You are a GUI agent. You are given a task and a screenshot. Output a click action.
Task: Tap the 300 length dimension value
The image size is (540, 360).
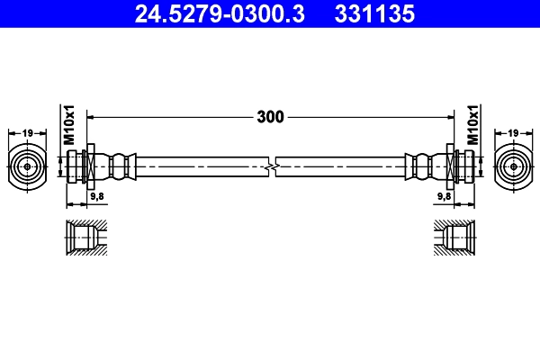[x=270, y=116]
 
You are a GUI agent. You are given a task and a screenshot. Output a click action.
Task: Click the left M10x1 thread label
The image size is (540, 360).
[x=68, y=127]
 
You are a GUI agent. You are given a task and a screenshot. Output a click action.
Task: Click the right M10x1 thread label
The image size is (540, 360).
[x=472, y=127]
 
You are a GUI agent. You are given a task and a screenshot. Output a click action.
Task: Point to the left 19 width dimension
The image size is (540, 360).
[x=27, y=133]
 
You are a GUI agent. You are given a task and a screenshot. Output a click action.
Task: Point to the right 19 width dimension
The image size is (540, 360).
[x=513, y=133]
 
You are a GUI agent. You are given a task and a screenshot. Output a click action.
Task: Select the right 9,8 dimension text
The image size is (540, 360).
[x=444, y=195]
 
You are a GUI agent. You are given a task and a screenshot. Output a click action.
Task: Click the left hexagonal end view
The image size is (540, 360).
[x=27, y=166]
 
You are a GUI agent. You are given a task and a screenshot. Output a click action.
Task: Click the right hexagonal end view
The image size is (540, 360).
[x=513, y=166]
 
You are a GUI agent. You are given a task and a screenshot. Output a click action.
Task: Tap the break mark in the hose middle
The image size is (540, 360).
[x=271, y=166]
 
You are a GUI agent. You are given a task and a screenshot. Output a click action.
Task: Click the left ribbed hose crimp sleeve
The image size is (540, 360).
[x=119, y=166]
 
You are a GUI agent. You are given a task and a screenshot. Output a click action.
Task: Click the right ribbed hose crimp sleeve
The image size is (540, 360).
[x=421, y=166]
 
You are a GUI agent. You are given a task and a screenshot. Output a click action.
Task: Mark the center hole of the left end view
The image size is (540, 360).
[x=27, y=166]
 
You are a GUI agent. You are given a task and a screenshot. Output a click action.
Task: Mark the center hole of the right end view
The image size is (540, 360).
[x=513, y=166]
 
